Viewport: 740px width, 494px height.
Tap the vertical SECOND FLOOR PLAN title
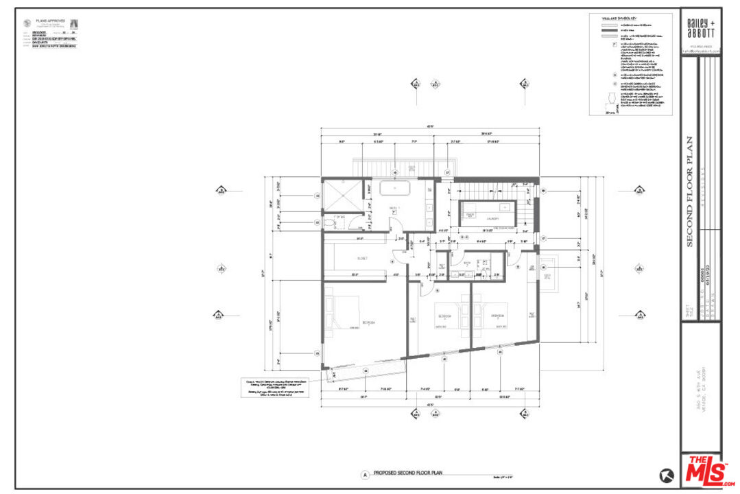[x=690, y=192]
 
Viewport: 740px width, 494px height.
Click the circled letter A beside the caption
[x=366, y=474]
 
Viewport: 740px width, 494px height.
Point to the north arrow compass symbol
[x=666, y=474]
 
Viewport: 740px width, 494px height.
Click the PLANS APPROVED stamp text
[x=51, y=21]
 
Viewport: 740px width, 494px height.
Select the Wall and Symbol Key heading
[x=614, y=19]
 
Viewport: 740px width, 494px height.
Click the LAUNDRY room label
[x=491, y=219]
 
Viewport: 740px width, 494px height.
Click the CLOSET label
[x=362, y=258]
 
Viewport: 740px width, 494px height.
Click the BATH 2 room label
[x=467, y=262]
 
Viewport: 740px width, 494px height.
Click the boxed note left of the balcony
[x=274, y=387]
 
